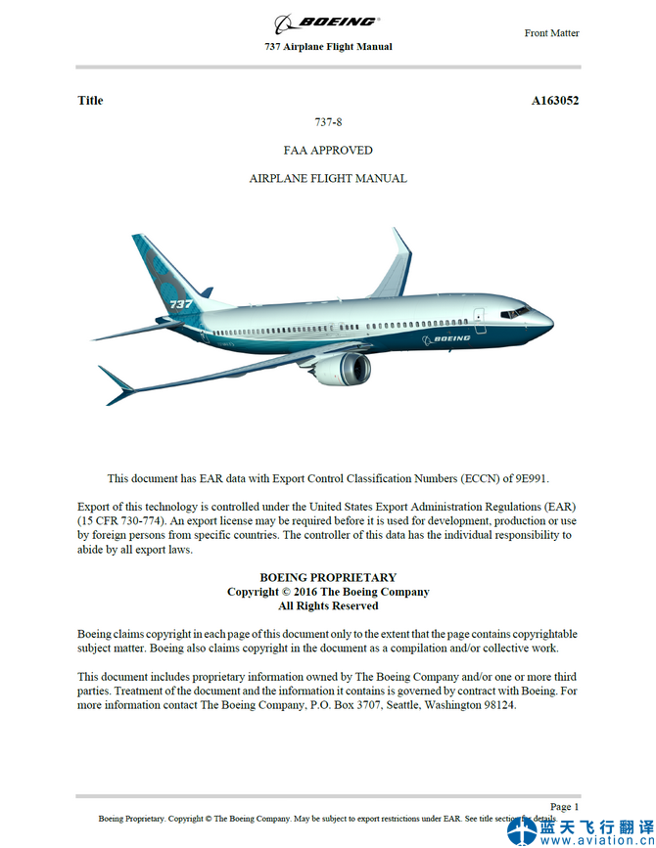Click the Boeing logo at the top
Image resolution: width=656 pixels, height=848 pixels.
point(327,22)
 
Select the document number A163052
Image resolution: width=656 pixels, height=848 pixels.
point(555,100)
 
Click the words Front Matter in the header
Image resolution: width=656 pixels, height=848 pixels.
point(551,33)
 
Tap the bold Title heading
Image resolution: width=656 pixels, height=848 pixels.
point(90,100)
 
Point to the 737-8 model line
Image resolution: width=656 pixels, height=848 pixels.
point(328,122)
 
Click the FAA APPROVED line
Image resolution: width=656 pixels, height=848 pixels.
point(328,151)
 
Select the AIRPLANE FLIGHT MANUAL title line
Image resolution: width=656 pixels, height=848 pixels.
point(328,179)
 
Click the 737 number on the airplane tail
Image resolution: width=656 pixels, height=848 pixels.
point(181,304)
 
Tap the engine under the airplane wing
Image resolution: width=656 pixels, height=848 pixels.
point(345,368)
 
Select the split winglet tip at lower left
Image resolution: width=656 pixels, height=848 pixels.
point(117,384)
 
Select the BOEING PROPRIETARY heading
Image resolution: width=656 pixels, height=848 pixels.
point(328,578)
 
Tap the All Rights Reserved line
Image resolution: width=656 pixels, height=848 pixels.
point(328,606)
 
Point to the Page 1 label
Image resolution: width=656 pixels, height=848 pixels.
point(565,807)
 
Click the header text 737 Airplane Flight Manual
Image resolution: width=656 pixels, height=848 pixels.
point(328,47)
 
